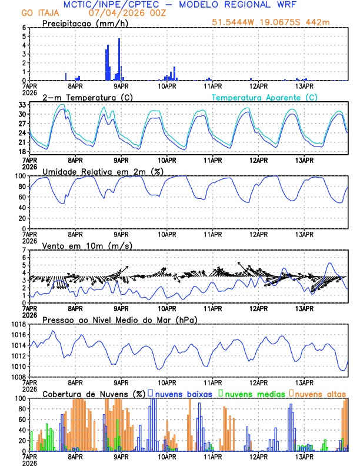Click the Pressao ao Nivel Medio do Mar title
coord(119,319)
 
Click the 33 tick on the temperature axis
coord(21,105)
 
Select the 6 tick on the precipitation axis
coord(24,28)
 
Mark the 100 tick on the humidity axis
coord(19,176)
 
